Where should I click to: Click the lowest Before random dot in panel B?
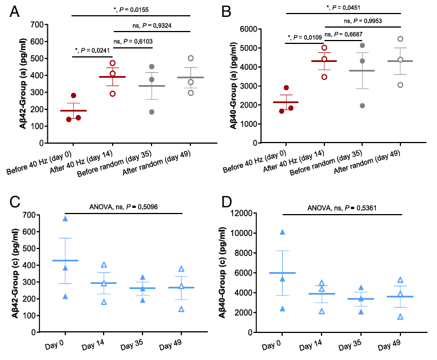pyautogui.click(x=362, y=105)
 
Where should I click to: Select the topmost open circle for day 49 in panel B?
pyautogui.click(x=400, y=39)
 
